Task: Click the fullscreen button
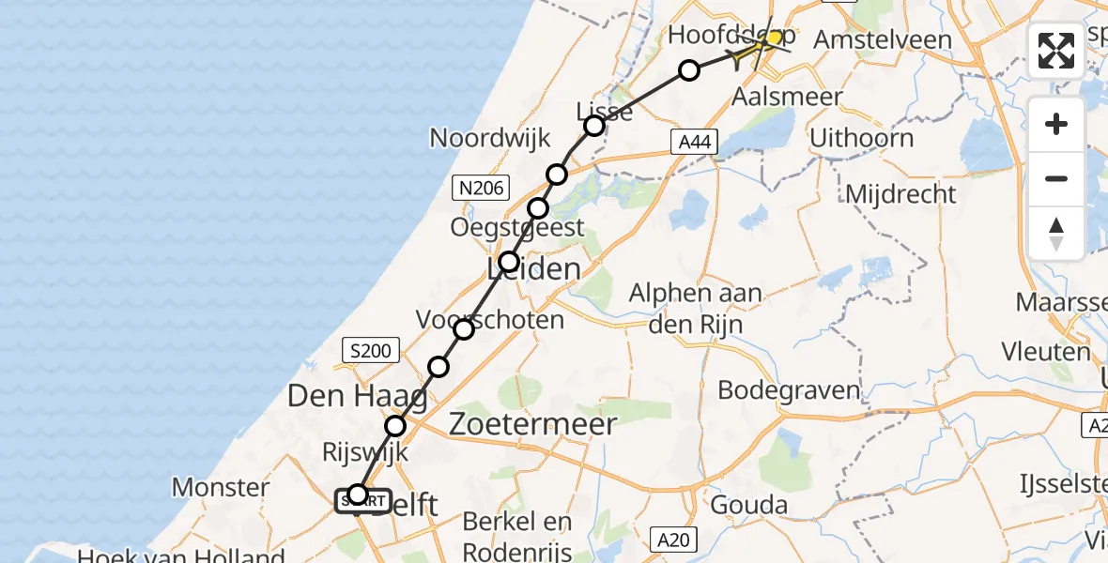click(1056, 51)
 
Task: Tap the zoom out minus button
click(1056, 178)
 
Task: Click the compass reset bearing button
click(1056, 234)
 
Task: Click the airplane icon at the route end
click(757, 49)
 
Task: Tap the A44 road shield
click(695, 142)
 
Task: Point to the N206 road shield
click(480, 189)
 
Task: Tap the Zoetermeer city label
click(533, 424)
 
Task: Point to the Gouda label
click(749, 505)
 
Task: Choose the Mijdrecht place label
click(900, 194)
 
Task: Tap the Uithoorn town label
click(861, 138)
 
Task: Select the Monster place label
click(221, 487)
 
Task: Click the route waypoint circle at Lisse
click(593, 126)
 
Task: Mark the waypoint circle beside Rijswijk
click(395, 426)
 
